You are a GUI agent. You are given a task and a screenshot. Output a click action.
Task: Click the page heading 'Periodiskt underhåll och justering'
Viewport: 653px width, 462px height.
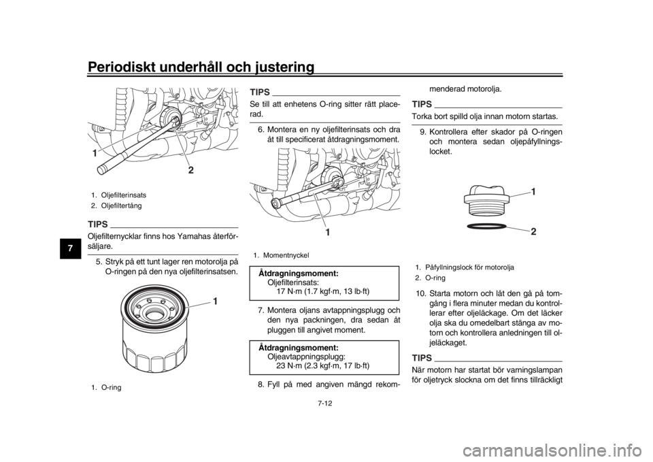[201, 67]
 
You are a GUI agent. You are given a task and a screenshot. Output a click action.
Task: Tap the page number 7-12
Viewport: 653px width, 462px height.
[326, 403]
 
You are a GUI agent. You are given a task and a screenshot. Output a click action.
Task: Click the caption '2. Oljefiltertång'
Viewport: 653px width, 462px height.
[116, 205]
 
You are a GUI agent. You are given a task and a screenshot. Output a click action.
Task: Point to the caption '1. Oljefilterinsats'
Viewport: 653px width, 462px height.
[118, 195]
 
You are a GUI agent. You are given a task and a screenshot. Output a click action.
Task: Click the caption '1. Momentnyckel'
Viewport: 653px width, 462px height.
[281, 255]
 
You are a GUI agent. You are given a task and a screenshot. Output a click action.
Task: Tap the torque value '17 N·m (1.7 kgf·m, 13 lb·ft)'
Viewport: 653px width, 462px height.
[322, 291]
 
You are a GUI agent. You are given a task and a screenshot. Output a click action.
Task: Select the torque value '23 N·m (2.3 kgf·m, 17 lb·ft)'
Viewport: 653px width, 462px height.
[322, 366]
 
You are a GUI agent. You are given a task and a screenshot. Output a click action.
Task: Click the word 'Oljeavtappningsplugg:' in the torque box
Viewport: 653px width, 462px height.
[305, 357]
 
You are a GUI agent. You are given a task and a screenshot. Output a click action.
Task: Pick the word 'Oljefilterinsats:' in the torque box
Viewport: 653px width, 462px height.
[294, 282]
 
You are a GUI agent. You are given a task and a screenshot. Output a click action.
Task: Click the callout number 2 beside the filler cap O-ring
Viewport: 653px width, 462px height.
[533, 232]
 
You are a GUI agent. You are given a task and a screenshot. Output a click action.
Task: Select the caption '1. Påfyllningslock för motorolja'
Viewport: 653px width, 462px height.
[465, 267]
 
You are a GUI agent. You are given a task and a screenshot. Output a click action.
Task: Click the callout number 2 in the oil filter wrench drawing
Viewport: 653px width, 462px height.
[190, 170]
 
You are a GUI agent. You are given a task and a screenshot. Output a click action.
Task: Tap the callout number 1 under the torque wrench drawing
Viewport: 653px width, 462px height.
[328, 233]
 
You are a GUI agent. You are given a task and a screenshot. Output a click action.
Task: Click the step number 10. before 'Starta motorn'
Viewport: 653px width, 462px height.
[420, 293]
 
